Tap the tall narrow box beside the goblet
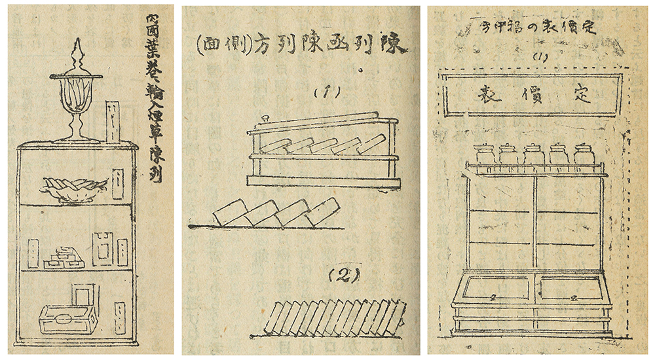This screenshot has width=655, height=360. (113, 121)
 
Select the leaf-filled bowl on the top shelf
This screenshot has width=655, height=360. (73, 189)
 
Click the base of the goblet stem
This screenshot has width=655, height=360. (77, 137)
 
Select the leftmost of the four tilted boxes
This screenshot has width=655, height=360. (227, 213)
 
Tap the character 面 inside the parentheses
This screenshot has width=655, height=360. (210, 45)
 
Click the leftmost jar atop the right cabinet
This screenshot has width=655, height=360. (483, 155)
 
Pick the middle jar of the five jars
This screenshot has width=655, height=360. (534, 155)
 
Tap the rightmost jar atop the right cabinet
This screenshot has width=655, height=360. (584, 155)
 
